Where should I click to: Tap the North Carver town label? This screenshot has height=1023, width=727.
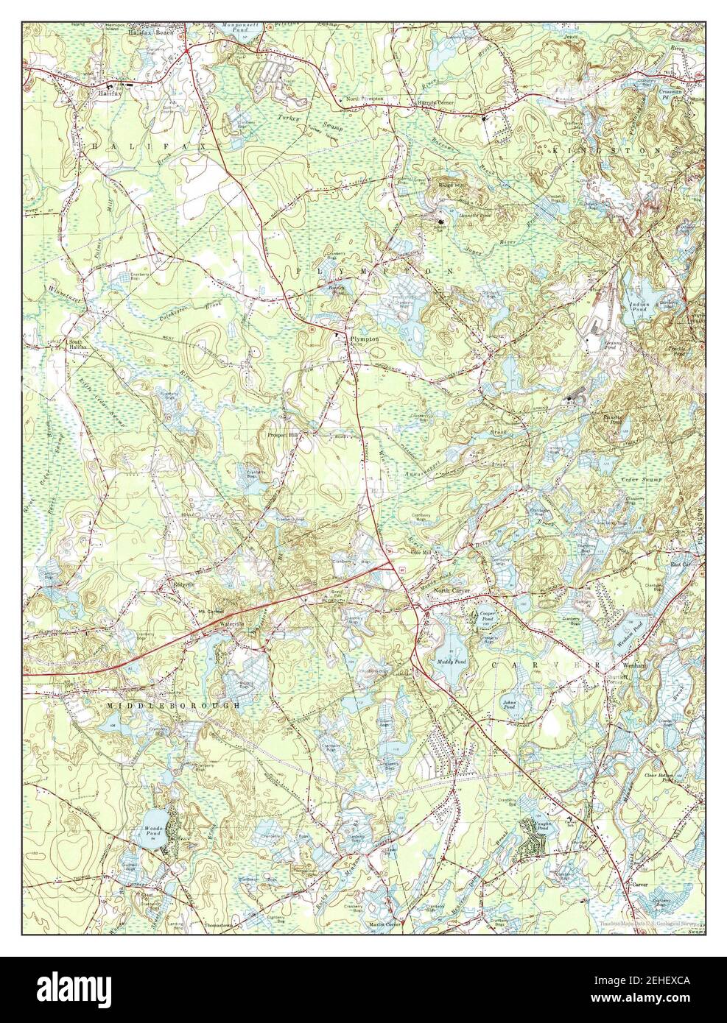pyautogui.click(x=452, y=592)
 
